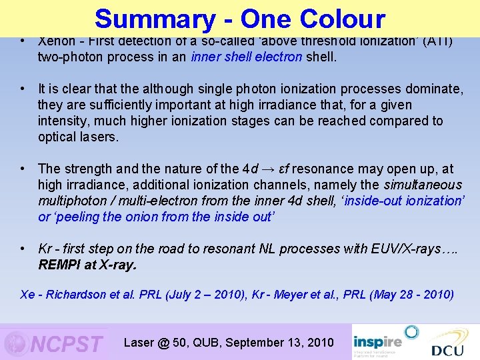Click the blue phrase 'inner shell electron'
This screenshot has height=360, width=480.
pyautogui.click(x=246, y=57)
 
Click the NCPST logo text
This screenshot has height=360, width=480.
pyautogui.click(x=67, y=344)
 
